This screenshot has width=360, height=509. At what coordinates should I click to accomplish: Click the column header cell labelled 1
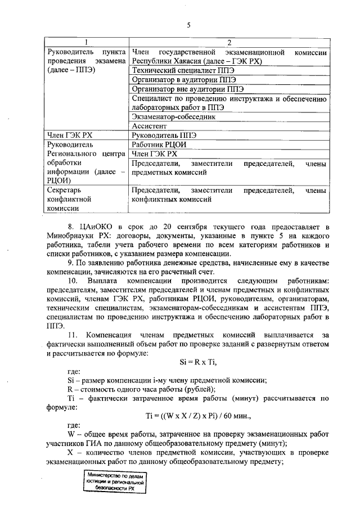pos(85,43)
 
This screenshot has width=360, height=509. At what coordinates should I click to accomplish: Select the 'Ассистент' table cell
pos(148,126)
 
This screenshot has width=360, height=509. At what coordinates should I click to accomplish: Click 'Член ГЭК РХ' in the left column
pos(68,136)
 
